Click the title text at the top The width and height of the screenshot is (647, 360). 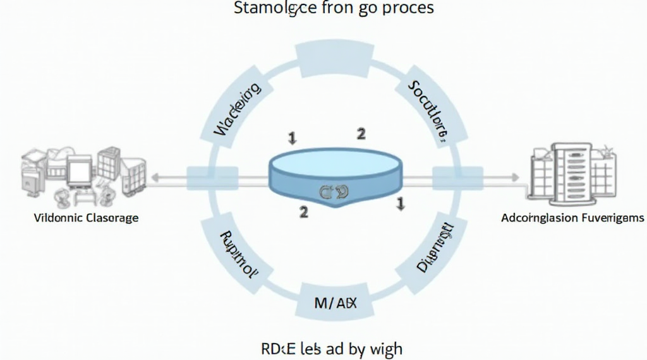[x=334, y=9]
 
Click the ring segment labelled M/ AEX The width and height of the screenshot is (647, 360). [x=335, y=303]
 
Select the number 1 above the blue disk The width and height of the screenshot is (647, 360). [x=291, y=137]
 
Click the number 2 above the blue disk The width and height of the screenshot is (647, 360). [x=360, y=133]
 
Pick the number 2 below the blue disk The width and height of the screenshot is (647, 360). [x=303, y=212]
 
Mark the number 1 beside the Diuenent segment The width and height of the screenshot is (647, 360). [x=399, y=203]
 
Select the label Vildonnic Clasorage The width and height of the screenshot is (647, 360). [x=86, y=218]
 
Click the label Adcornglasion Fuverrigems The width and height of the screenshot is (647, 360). [x=572, y=218]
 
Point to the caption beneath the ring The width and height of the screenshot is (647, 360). [x=331, y=348]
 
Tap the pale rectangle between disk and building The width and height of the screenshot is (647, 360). [x=457, y=176]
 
